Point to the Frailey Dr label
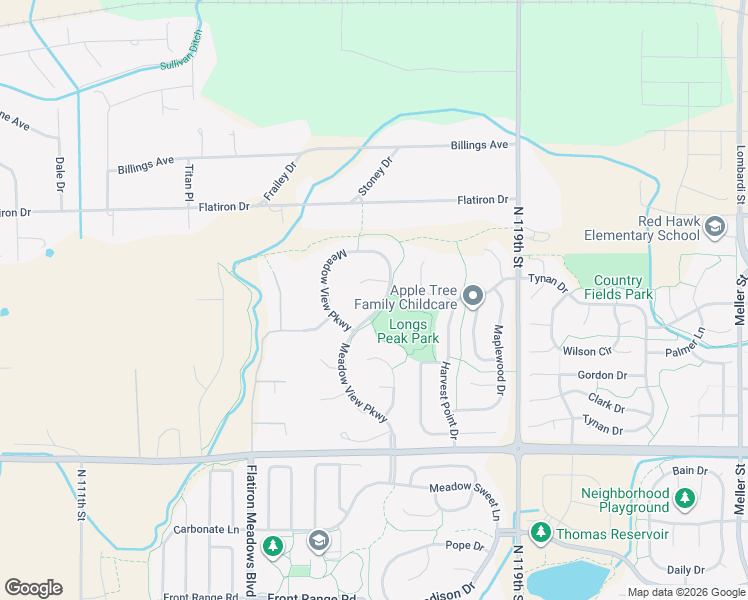tap(280, 181)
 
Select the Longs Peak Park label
tap(408, 331)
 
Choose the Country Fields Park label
tap(623, 287)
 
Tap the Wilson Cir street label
tap(587, 352)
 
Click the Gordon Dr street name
tap(602, 376)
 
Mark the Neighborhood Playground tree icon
tap(684, 497)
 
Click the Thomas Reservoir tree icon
tap(541, 533)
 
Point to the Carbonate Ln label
tap(207, 530)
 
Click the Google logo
tap(33, 587)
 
